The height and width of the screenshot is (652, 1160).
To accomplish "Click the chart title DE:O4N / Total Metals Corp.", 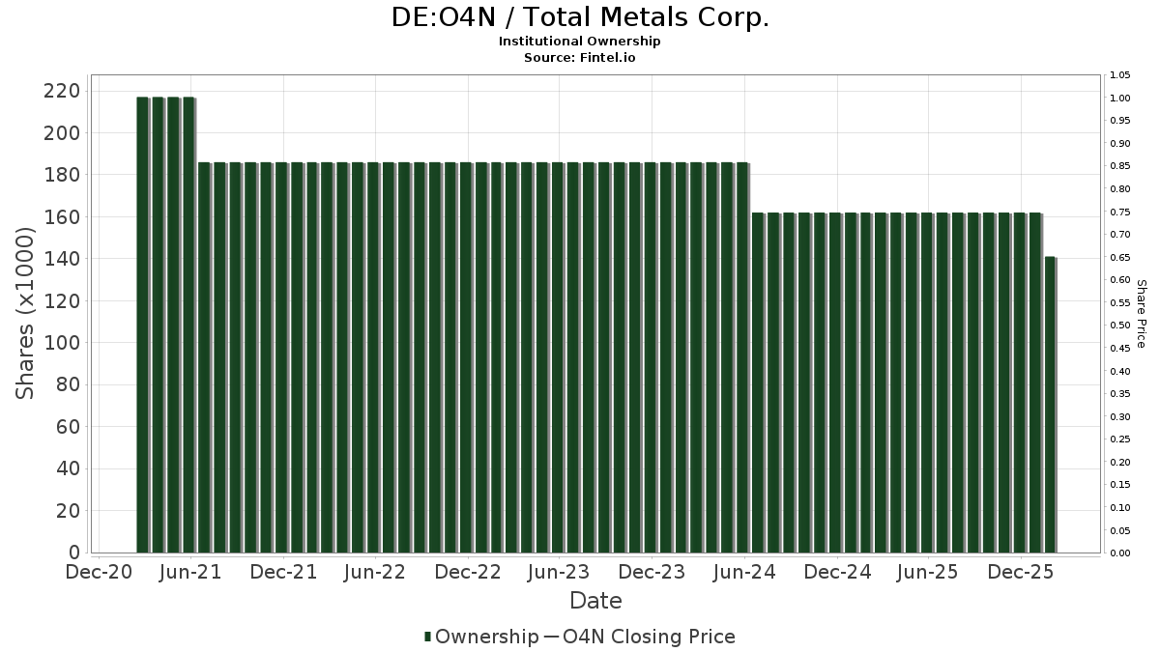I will [580, 17].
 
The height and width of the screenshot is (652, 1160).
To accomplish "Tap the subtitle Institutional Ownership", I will [580, 42].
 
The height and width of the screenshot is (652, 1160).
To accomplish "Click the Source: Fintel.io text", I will [580, 58].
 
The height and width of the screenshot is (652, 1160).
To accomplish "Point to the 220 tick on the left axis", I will [61, 91].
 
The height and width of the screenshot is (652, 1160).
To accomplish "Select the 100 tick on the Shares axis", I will [61, 343].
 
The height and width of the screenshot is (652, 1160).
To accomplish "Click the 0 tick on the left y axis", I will [73, 553].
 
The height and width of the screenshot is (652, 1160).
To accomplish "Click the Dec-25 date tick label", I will [1021, 573].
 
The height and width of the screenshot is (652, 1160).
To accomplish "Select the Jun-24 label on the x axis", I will [743, 573].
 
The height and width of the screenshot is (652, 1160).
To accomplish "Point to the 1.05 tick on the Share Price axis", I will [1120, 75].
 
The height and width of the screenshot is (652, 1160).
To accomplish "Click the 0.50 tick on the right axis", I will [1120, 326].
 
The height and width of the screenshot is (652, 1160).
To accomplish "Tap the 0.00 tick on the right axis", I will [1120, 553].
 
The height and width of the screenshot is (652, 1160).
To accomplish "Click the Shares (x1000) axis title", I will [25, 313].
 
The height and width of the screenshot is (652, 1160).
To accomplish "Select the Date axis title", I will [595, 601].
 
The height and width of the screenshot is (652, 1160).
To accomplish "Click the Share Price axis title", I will [1141, 313].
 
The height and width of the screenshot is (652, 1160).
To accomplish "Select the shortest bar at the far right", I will [1050, 406].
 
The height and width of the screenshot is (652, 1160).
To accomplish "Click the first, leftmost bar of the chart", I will [142, 325].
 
